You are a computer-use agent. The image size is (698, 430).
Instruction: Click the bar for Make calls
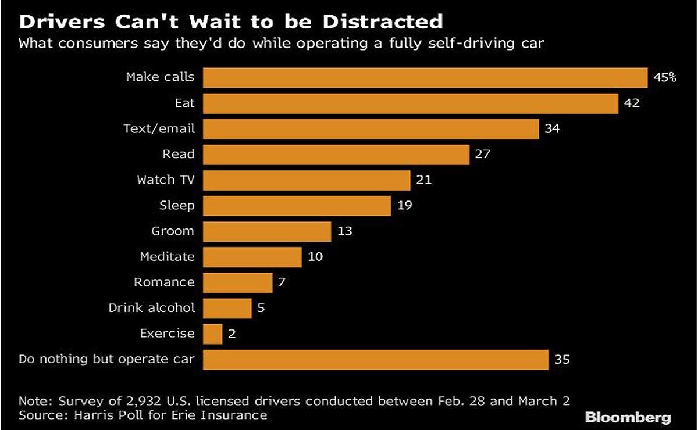click(425, 78)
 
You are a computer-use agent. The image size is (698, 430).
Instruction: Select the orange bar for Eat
click(410, 104)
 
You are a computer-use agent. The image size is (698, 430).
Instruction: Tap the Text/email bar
click(371, 129)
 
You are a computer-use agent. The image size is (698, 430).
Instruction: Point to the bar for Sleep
click(297, 205)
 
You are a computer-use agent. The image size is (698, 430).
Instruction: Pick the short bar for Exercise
click(212, 334)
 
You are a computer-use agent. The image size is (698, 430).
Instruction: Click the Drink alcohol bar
click(227, 308)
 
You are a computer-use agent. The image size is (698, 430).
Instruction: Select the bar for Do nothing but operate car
click(375, 359)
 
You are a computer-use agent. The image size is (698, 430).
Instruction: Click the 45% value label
click(665, 78)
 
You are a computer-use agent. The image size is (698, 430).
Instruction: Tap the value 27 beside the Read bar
click(483, 155)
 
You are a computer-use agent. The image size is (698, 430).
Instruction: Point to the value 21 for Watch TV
click(423, 180)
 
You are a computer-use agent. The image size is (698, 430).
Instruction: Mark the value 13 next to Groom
click(344, 231)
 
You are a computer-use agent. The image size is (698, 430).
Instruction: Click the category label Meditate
click(167, 256)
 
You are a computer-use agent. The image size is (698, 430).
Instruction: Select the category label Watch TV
click(165, 180)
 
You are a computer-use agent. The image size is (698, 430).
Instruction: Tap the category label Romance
click(164, 282)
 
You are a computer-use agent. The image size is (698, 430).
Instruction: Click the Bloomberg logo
click(628, 418)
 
